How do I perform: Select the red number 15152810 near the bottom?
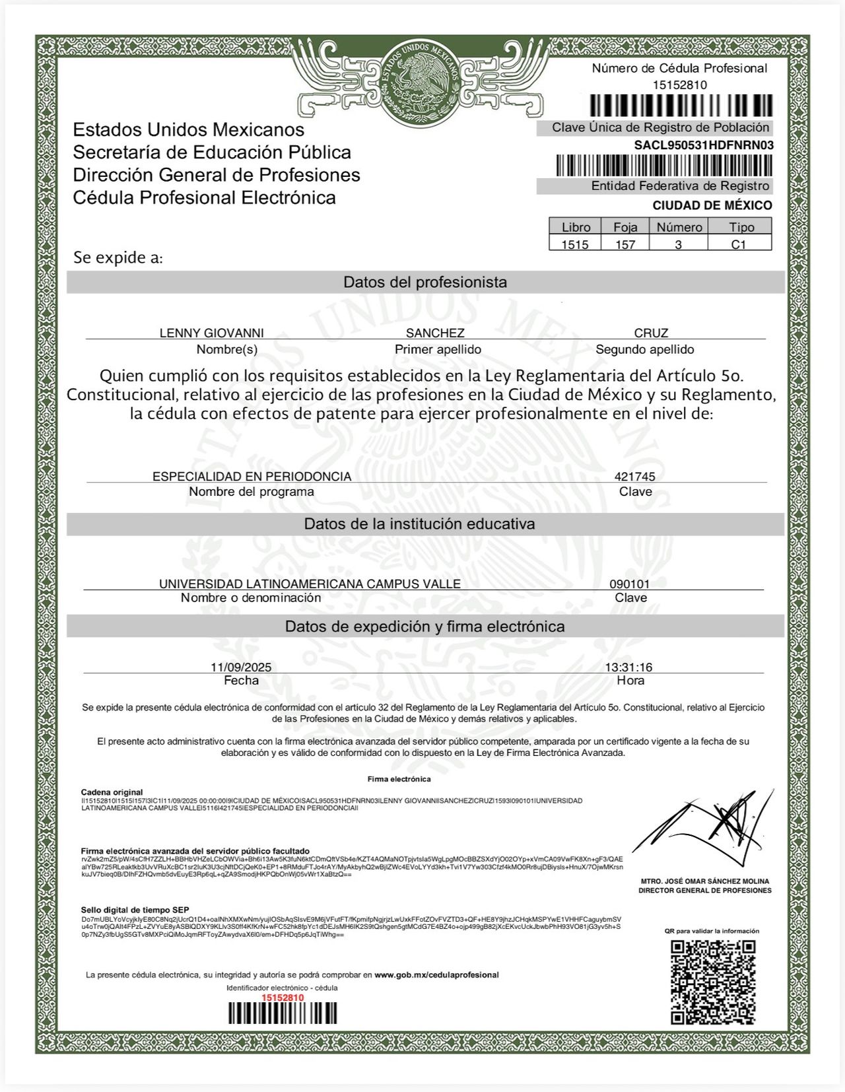[x=283, y=998]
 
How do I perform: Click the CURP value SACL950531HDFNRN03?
[x=704, y=145]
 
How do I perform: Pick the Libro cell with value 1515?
[x=574, y=244]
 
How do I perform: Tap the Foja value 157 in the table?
[x=625, y=244]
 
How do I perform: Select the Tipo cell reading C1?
[x=739, y=244]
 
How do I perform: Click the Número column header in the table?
[x=679, y=227]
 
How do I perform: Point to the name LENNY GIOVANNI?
[x=211, y=333]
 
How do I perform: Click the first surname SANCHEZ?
[x=435, y=333]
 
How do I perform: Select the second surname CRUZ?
[x=651, y=333]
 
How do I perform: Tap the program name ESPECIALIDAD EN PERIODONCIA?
[x=252, y=476]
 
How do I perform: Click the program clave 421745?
[x=634, y=476]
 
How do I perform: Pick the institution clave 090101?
[x=629, y=584]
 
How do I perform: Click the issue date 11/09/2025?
[x=241, y=667]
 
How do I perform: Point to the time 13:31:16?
[x=628, y=667]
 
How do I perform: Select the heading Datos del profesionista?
[x=425, y=283]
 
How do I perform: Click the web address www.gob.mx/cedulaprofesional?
[x=436, y=974]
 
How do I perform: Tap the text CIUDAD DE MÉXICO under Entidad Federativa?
[x=712, y=205]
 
